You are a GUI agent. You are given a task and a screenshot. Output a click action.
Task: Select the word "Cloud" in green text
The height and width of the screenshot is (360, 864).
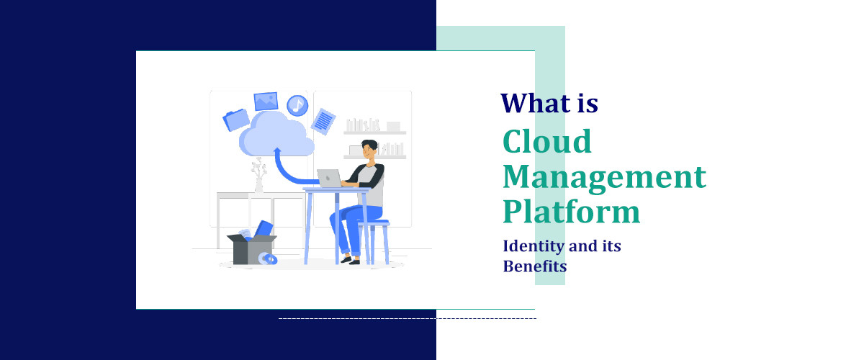(546, 142)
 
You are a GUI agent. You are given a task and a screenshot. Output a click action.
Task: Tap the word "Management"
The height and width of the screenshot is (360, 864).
(604, 177)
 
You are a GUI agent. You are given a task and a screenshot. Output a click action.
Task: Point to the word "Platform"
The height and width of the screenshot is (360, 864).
(571, 212)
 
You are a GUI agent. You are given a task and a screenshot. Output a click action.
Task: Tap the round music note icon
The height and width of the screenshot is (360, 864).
(297, 105)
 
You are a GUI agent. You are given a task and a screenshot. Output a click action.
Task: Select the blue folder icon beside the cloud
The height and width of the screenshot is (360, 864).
(236, 119)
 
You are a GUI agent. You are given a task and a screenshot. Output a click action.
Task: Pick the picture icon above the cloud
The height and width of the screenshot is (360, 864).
(266, 101)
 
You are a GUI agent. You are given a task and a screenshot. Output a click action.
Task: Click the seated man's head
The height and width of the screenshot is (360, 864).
(369, 149)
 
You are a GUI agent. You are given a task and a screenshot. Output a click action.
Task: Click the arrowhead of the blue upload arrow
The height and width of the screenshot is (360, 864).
(277, 151)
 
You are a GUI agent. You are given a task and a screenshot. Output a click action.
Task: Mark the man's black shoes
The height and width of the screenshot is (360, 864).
(350, 259)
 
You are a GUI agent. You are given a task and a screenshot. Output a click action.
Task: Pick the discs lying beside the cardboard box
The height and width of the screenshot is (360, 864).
(269, 258)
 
